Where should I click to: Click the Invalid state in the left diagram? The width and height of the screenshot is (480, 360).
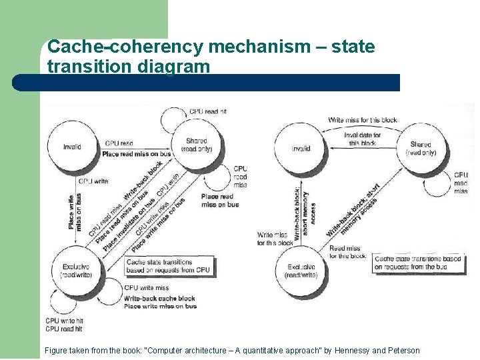73,147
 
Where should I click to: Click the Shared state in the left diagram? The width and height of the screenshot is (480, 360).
196,145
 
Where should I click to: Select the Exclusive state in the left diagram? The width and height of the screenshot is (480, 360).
75,271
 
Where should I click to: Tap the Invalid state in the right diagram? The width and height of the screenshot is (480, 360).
301,149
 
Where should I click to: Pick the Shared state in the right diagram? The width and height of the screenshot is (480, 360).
421,148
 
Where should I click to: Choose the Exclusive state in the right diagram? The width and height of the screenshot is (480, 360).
301,271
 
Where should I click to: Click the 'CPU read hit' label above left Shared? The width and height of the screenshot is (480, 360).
208,111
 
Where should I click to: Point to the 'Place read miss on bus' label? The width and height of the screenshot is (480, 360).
137,154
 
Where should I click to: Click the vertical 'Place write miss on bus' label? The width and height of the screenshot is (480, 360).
74,212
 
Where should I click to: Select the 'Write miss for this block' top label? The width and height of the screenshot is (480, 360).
362,120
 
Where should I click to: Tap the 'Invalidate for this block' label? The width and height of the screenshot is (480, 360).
362,139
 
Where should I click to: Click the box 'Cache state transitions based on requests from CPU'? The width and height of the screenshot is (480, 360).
168,266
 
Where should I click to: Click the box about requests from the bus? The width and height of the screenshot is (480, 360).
417,263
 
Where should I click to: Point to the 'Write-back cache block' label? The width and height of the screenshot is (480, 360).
159,298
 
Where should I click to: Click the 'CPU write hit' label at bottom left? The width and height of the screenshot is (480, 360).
64,321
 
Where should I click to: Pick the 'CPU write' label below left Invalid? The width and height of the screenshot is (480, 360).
93,181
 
